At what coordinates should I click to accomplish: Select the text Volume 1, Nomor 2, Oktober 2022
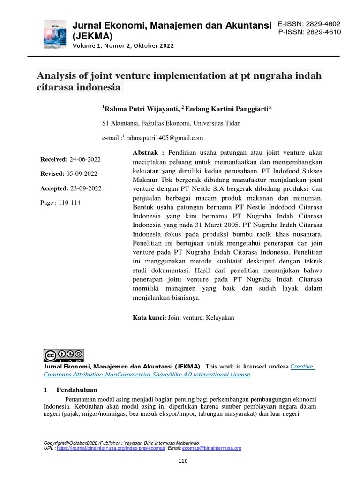(123, 46)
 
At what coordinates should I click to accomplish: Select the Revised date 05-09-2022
(82, 174)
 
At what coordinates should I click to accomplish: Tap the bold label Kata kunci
(150, 318)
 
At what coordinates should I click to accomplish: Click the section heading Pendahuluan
(77, 390)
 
